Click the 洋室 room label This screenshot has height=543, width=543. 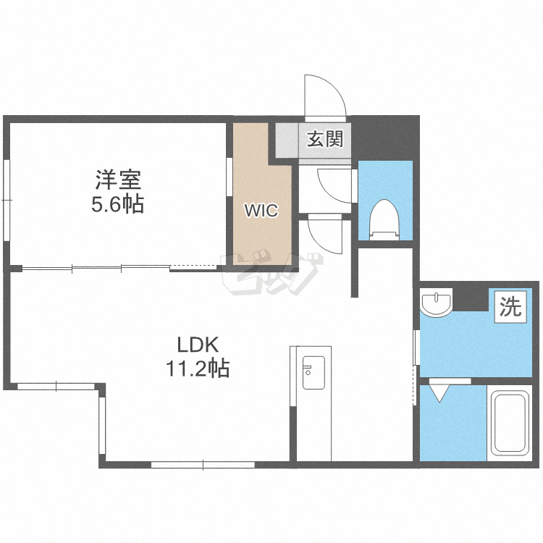(118, 180)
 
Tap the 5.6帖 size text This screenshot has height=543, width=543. (118, 204)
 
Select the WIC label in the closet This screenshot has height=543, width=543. (261, 211)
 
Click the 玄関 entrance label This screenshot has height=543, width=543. (325, 138)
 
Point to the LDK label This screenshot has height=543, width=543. (198, 345)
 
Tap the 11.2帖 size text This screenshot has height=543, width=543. (198, 368)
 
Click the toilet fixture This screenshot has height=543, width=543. (384, 220)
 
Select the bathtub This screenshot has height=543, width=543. (510, 423)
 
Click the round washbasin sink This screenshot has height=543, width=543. (437, 302)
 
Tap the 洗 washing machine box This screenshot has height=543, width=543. (510, 307)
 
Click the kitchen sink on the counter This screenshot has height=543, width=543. (313, 373)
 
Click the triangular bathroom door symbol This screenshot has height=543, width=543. (439, 393)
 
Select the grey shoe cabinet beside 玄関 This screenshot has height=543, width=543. (287, 140)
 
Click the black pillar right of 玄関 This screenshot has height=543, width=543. (384, 138)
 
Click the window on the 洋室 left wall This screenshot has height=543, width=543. (7, 200)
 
